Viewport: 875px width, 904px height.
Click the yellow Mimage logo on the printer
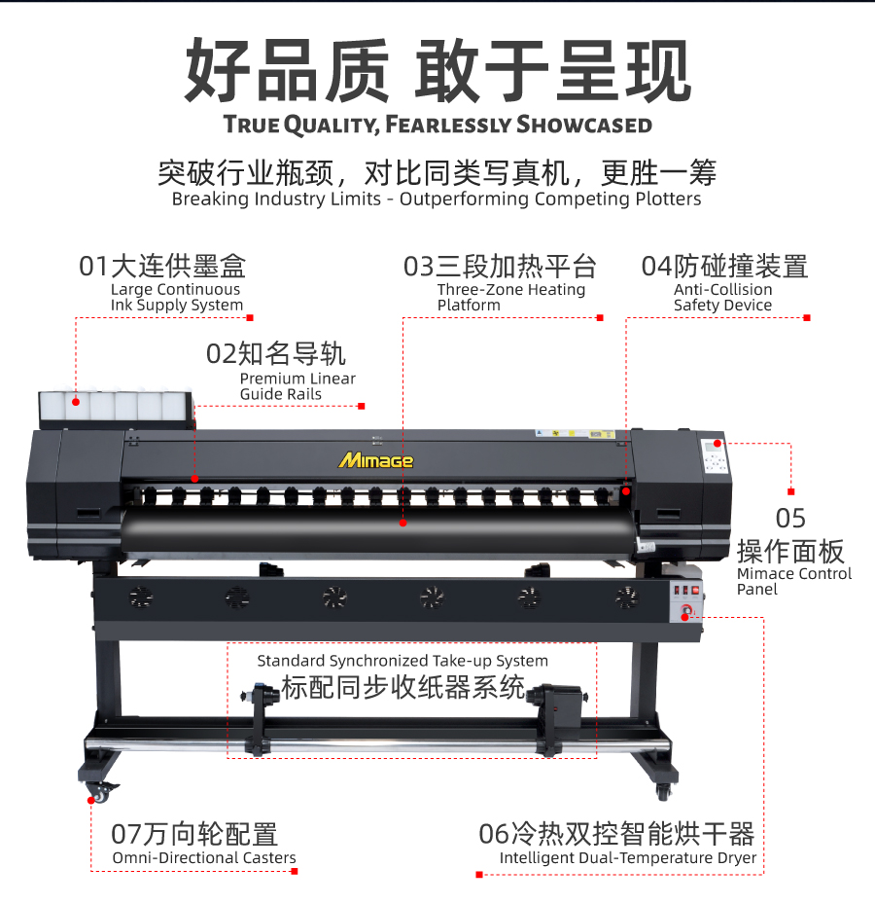[375, 460]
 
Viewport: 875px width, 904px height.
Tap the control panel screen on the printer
[711, 446]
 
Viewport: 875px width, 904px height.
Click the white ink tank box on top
[116, 406]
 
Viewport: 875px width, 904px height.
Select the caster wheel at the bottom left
[98, 794]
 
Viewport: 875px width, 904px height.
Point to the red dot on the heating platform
[403, 523]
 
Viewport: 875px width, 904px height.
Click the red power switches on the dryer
[686, 591]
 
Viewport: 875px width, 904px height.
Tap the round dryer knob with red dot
[686, 611]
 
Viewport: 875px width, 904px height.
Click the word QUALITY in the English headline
[332, 126]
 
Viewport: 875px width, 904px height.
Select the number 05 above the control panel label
[790, 519]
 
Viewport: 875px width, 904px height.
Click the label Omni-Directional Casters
[204, 858]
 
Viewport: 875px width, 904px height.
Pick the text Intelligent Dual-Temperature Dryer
[628, 858]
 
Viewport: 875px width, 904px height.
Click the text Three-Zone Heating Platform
[511, 297]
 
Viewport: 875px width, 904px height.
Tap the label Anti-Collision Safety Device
[723, 297]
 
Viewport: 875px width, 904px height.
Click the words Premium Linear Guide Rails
[297, 386]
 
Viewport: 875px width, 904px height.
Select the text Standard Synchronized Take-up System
[402, 661]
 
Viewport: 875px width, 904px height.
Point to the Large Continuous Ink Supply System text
[177, 297]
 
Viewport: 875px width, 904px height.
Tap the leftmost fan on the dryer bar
[141, 597]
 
